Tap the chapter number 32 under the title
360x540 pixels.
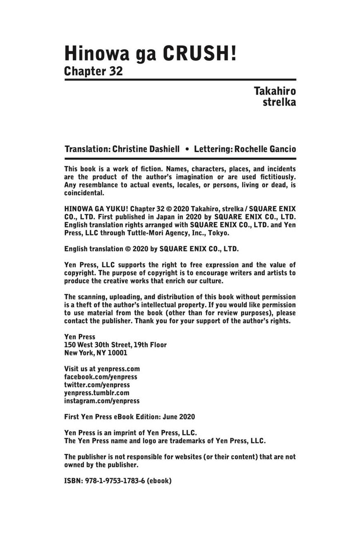tap(116, 71)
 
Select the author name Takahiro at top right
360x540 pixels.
tap(275, 91)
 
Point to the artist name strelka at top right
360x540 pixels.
tap(279, 102)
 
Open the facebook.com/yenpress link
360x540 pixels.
tap(101, 377)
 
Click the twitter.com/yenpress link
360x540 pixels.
tap(97, 385)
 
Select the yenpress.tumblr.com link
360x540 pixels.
tap(96, 393)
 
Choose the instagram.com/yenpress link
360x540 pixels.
tap(102, 401)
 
